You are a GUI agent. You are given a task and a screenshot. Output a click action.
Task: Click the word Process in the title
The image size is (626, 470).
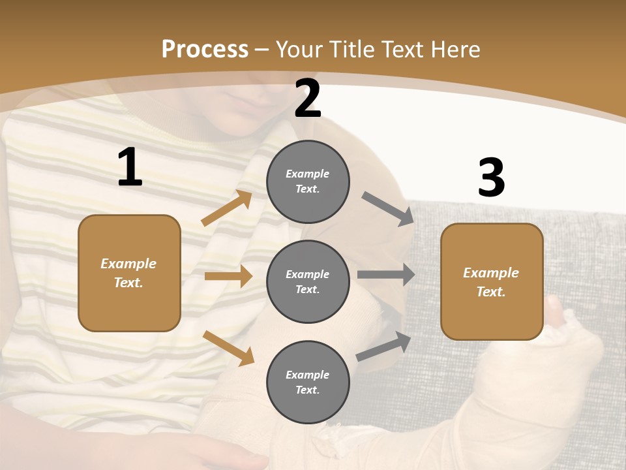[x=205, y=49]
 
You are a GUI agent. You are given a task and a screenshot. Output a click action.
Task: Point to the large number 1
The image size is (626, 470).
[x=130, y=168]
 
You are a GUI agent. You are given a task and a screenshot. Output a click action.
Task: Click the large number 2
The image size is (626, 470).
[x=308, y=99]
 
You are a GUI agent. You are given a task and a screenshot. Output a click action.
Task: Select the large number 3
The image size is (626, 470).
[x=491, y=178]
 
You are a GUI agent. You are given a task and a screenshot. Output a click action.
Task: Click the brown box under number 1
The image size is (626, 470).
[x=129, y=273]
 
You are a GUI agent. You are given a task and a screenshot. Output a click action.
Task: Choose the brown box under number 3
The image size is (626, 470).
[x=492, y=282]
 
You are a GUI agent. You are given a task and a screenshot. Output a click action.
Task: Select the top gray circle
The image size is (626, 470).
[x=308, y=181]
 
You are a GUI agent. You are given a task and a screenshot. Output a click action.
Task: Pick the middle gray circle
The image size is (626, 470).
[x=308, y=282]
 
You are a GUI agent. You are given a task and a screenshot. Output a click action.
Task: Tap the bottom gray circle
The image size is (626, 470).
[x=308, y=383]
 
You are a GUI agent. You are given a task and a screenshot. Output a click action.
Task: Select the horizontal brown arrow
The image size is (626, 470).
[x=228, y=276]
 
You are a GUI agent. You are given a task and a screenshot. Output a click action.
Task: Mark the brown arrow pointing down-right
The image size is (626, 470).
[x=228, y=348]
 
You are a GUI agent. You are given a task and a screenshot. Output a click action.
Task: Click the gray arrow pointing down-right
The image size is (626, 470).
[x=387, y=209]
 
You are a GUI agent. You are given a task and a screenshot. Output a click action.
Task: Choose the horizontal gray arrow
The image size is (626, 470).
[x=385, y=275]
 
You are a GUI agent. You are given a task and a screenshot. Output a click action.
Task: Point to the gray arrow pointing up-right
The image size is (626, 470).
[x=383, y=346]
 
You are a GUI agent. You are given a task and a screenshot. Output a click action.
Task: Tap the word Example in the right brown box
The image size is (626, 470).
[x=491, y=273]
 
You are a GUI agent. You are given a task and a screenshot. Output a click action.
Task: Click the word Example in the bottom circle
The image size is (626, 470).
[x=308, y=375]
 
